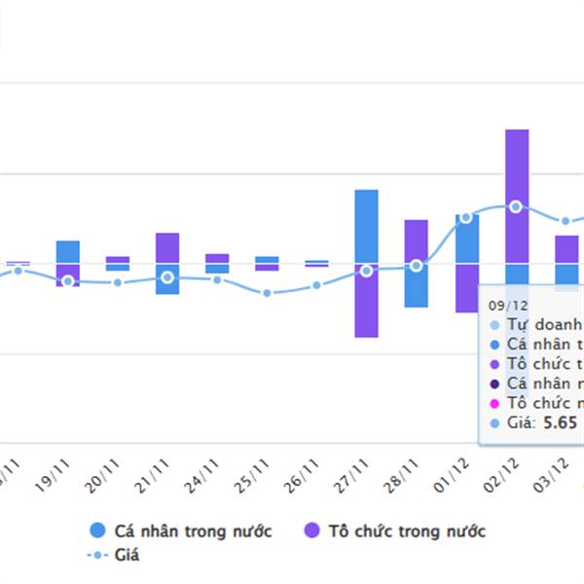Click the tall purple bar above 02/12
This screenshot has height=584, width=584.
click(x=517, y=195)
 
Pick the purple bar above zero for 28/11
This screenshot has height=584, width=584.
click(x=417, y=240)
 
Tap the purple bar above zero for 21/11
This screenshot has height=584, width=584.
click(x=167, y=247)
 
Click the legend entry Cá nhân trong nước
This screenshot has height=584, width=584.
click(x=180, y=530)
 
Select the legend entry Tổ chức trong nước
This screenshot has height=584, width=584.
click(x=394, y=530)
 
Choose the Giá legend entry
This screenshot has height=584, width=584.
click(x=114, y=555)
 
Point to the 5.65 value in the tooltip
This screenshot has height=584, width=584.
click(x=561, y=422)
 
